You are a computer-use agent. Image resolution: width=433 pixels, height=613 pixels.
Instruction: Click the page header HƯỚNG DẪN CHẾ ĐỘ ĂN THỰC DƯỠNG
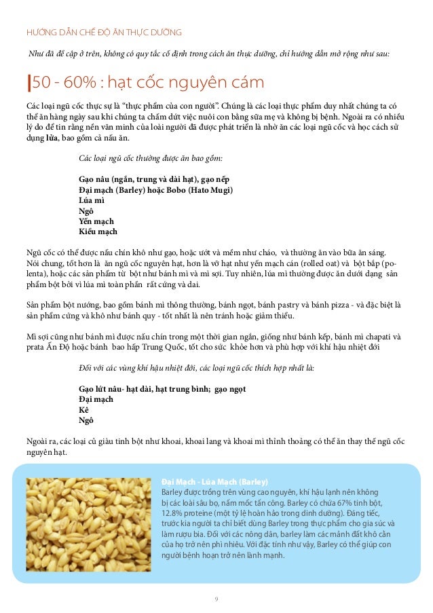(104, 32)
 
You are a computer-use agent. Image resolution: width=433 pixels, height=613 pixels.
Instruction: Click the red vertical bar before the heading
(28, 84)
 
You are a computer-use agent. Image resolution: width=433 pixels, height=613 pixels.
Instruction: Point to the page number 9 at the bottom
(216, 598)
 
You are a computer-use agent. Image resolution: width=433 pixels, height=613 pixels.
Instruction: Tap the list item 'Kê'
(83, 410)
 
